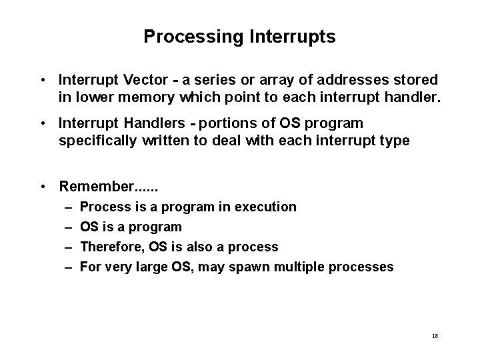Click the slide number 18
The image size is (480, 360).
coord(435,336)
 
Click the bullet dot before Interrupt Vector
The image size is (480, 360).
coord(42,81)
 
